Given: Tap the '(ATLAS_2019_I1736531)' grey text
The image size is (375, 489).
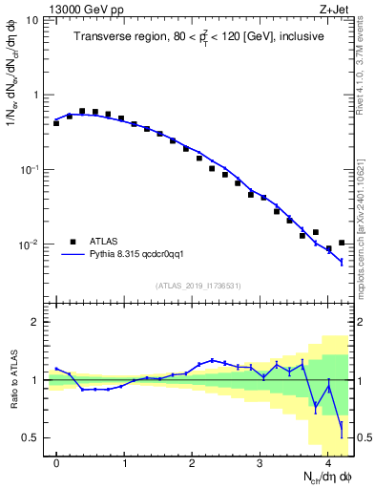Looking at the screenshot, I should coord(199,286).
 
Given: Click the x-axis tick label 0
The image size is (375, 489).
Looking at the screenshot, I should coord(57,463).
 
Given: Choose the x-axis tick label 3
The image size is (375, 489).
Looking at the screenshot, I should coord(260,463).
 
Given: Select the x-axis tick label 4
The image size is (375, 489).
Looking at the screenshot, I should coord(327,463).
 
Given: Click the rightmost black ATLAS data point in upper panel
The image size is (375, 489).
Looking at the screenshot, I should coord(342,243).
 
